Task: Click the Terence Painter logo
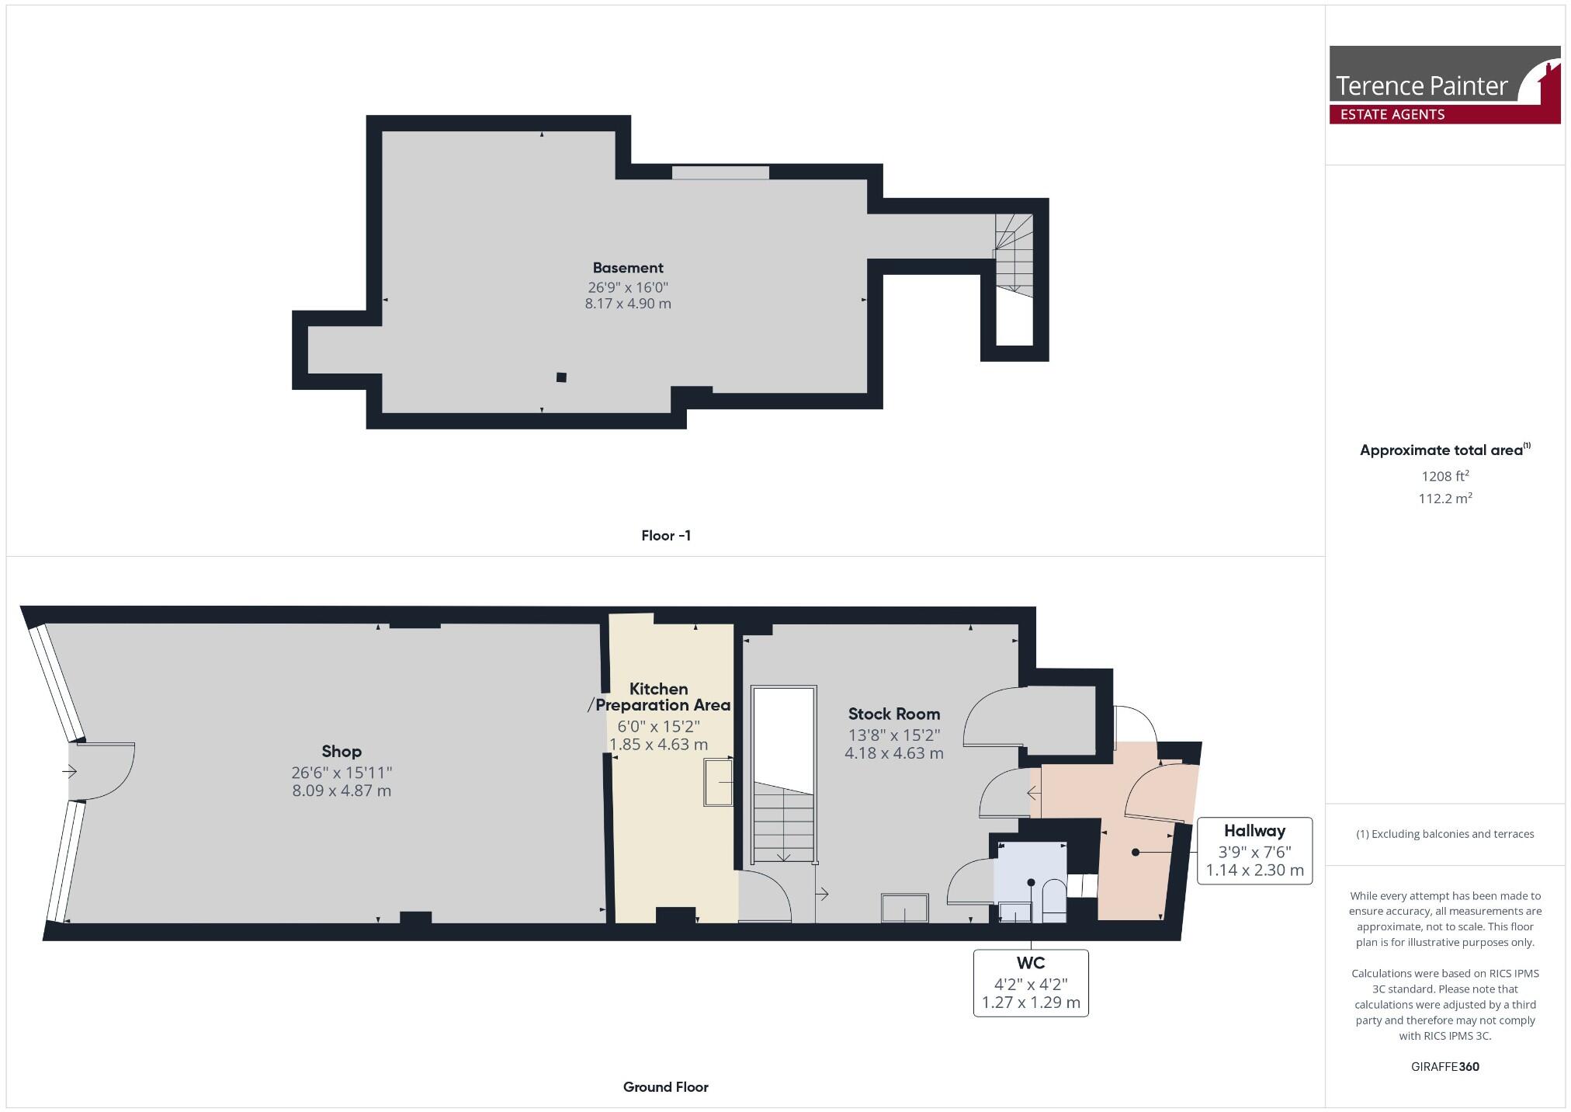(1444, 85)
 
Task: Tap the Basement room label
(628, 268)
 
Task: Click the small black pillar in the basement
(561, 377)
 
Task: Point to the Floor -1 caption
(666, 536)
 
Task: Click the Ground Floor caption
(665, 1087)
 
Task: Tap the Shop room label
(342, 752)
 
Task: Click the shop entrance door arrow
(70, 772)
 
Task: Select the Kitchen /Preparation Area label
(659, 697)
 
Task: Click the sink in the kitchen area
(718, 783)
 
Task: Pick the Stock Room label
(893, 714)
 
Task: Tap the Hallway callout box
(1254, 850)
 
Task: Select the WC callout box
(1031, 982)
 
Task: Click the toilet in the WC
(1053, 901)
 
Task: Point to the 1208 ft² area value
(1444, 476)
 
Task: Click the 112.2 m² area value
(1444, 499)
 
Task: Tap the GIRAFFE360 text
(1444, 1067)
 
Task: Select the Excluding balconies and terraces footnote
(1444, 834)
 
